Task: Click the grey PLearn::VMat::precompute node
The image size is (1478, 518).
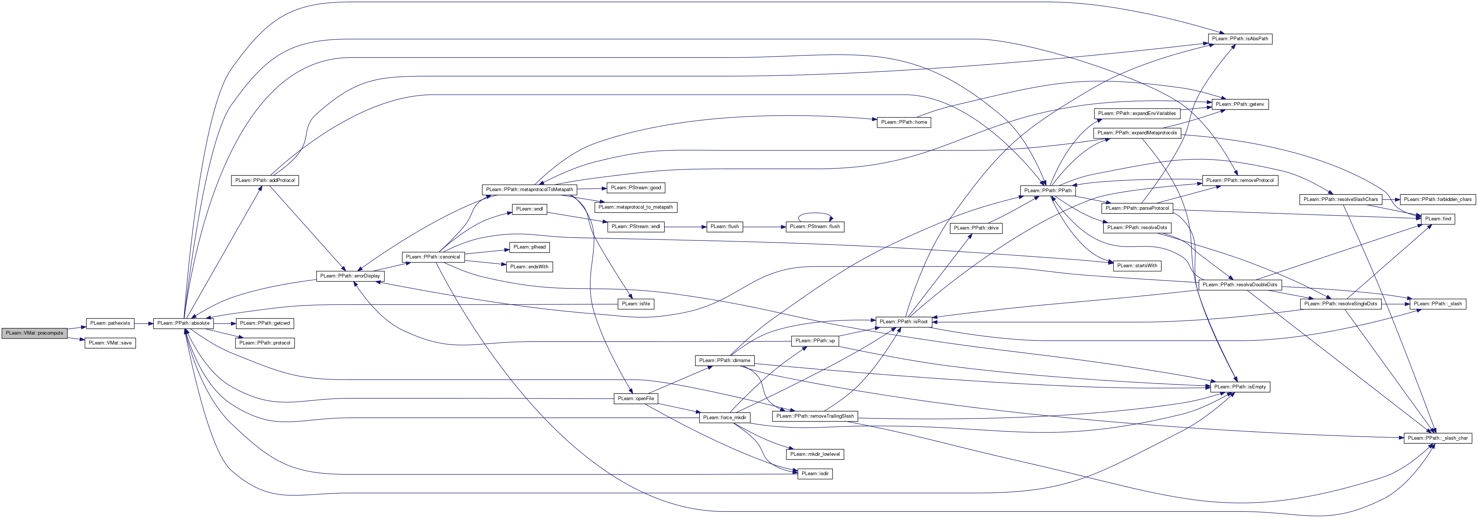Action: pyautogui.click(x=34, y=333)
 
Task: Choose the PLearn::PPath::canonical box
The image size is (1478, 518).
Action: pyautogui.click(x=433, y=256)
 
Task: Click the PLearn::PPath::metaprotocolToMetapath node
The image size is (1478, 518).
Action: pyautogui.click(x=529, y=189)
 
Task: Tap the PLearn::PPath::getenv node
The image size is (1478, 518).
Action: pyautogui.click(x=1240, y=104)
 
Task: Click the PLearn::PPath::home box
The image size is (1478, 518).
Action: pyautogui.click(x=904, y=122)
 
